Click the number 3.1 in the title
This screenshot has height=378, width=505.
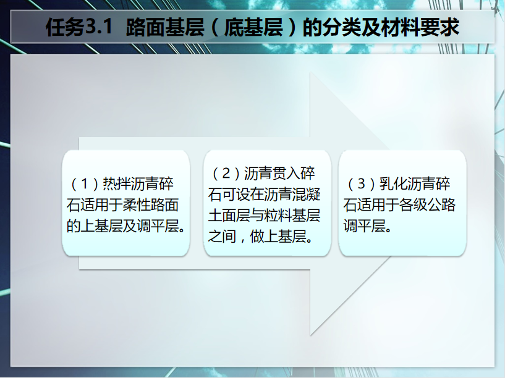pos(98,27)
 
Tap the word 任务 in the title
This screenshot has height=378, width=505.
pos(66,27)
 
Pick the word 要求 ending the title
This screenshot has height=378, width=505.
pos(439,27)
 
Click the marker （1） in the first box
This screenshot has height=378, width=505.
pos(85,184)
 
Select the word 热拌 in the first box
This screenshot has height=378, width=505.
pos(117,184)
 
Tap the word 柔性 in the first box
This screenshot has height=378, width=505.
pos(137,205)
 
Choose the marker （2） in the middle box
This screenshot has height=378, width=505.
pos(226,174)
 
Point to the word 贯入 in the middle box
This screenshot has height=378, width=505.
pos(286,174)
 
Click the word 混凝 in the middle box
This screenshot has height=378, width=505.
pos(307,195)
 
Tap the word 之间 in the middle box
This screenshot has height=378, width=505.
pos(223,237)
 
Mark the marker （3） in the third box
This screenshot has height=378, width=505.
pos(362,184)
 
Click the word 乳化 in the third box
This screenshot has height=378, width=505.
pos(393,184)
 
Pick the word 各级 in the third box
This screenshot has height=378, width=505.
pos(414,205)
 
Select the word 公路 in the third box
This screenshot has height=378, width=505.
pos(441,205)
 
